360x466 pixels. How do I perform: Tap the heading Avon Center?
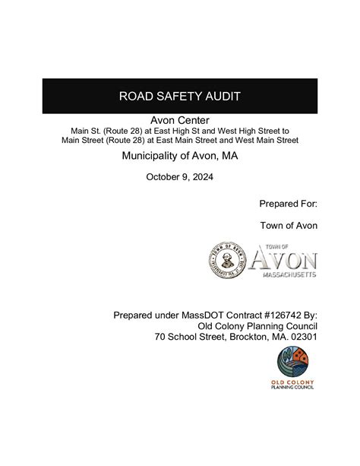[x=180, y=120]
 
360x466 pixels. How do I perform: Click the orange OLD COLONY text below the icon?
[x=292, y=381]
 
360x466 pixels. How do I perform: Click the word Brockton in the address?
[x=248, y=337]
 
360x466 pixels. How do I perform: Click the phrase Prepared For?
[x=289, y=204]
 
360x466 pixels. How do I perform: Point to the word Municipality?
[x=158, y=156]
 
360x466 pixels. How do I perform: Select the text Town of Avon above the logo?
[x=289, y=225]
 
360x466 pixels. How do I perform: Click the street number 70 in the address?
[x=160, y=337]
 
